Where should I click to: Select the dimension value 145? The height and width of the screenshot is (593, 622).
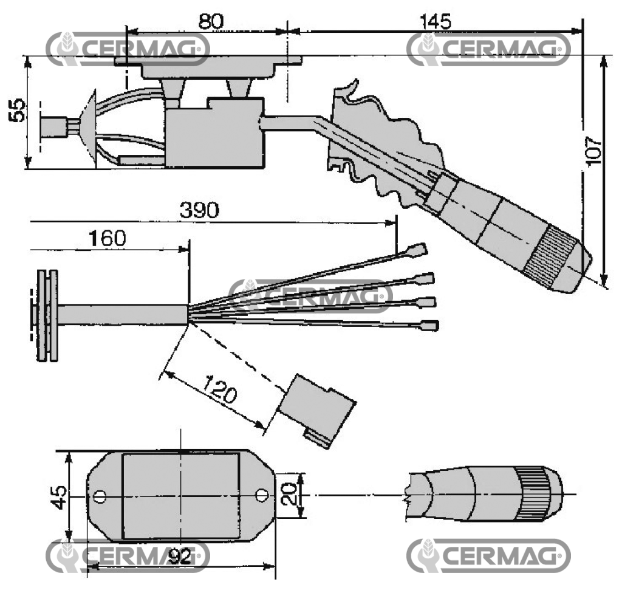coord(435,21)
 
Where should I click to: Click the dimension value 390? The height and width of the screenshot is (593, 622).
coord(199,211)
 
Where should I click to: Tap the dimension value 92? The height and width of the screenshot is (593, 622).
coord(179,555)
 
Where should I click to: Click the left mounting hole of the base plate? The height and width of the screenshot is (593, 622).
coord(100,497)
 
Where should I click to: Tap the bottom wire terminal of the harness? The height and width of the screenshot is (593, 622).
coord(429,326)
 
